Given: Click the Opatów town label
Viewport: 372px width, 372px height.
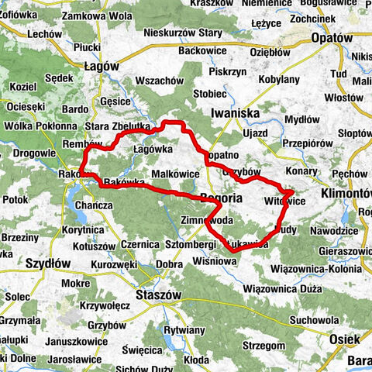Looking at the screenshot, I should (332, 37).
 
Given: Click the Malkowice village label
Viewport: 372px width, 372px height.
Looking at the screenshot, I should (177, 174).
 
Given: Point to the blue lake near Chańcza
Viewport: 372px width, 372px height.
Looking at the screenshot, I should (78, 203).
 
